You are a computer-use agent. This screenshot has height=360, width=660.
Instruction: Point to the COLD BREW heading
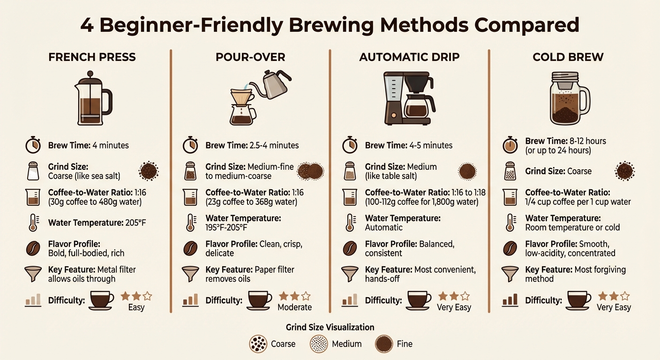(568, 57)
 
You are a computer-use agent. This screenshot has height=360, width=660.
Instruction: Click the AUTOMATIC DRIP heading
(409, 57)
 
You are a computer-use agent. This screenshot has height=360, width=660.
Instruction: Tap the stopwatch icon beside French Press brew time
(32, 145)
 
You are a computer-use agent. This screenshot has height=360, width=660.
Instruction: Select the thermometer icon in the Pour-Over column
(190, 222)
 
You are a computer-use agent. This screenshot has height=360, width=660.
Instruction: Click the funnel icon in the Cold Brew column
(510, 274)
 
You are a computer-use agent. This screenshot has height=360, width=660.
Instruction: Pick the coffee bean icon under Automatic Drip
(350, 248)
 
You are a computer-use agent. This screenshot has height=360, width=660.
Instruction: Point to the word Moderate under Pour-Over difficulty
(294, 307)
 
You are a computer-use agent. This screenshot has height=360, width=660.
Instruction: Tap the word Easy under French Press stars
(136, 307)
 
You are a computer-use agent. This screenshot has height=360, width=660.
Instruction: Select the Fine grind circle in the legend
(383, 344)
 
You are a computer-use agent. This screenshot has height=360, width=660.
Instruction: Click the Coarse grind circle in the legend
(258, 344)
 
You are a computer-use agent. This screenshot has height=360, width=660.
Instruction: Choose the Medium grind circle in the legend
(319, 344)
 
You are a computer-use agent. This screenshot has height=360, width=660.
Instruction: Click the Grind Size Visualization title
(330, 327)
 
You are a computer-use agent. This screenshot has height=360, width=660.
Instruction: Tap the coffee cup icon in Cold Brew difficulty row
(579, 300)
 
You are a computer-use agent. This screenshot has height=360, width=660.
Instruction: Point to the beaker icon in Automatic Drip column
(350, 197)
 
